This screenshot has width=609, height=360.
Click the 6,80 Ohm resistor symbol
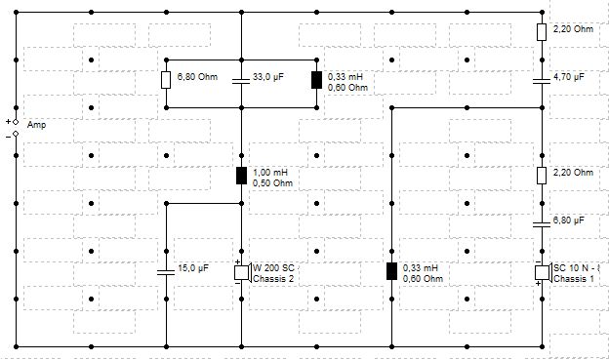coord(166,80)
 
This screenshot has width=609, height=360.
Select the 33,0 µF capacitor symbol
coord(241,81)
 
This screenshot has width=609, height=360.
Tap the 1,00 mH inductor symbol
coord(242,176)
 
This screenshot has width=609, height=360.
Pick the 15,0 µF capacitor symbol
coord(166,272)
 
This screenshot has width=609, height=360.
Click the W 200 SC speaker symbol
coord(242,272)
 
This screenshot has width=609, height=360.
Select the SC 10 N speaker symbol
coord(543,272)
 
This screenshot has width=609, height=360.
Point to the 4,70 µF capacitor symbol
coord(542,81)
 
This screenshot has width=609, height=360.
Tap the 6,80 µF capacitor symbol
coord(542,224)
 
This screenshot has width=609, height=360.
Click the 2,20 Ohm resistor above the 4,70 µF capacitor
coord(542,32)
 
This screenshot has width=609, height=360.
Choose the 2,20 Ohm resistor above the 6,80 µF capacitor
coord(542,176)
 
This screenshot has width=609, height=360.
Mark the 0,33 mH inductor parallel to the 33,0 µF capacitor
coord(316,80)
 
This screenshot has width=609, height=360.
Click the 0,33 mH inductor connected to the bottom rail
coord(392,271)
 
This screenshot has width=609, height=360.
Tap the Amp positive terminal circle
coord(16,122)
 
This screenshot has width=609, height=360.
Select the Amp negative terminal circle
coord(16,134)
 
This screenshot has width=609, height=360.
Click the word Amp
coord(36,125)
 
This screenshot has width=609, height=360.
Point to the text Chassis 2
coord(273,279)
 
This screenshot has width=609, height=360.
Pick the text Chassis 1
coord(574,279)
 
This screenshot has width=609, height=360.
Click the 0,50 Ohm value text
coord(272,183)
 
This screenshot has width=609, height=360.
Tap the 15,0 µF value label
coord(193,268)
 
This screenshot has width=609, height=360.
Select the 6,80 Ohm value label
coord(197,77)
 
